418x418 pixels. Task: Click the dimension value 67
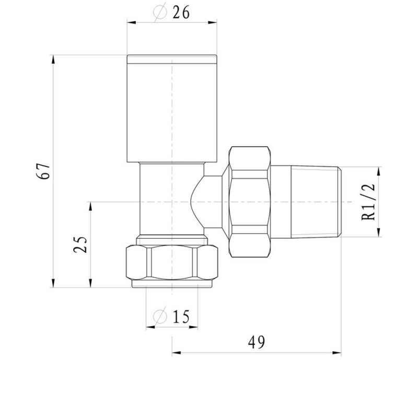pos(45,170)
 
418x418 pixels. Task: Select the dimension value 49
pos(256,342)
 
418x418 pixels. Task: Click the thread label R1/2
pos(369,202)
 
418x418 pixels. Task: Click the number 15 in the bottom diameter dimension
pos(179,316)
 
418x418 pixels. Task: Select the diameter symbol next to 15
pos(160,317)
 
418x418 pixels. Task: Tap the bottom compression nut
pos(172,263)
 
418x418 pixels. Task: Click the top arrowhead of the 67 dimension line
pos(54,58)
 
